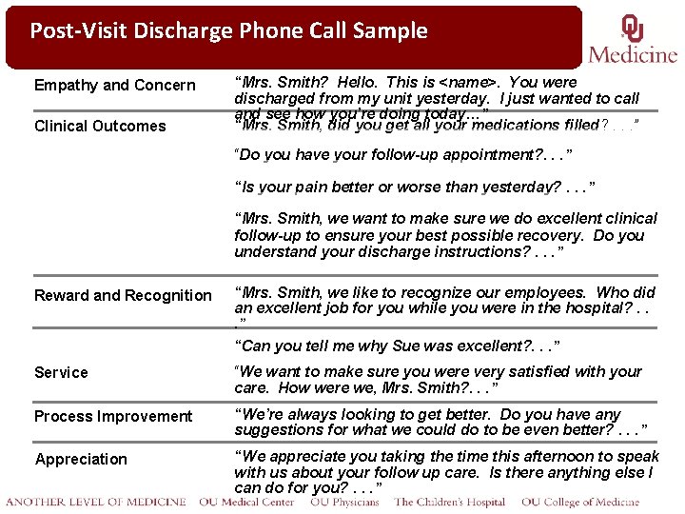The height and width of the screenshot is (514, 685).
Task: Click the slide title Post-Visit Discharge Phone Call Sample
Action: pyautogui.click(x=228, y=30)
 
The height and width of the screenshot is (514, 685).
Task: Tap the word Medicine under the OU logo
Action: pyautogui.click(x=633, y=53)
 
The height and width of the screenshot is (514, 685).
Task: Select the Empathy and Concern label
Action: pyautogui.click(x=114, y=86)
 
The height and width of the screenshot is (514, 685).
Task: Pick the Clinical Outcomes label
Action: pyautogui.click(x=100, y=127)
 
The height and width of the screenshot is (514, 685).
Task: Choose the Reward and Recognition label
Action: pyautogui.click(x=123, y=296)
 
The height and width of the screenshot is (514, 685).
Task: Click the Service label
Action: pyautogui.click(x=61, y=373)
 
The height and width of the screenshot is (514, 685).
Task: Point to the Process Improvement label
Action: pyautogui.click(x=113, y=417)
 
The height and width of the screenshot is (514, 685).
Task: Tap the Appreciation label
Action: pyautogui.click(x=81, y=460)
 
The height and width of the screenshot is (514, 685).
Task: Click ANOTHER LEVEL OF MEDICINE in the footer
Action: pyautogui.click(x=95, y=503)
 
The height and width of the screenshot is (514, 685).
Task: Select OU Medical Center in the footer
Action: pyautogui.click(x=247, y=503)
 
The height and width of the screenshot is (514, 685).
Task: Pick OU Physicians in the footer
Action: pyautogui.click(x=344, y=503)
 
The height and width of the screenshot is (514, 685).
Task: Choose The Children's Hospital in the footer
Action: pyautogui.click(x=451, y=503)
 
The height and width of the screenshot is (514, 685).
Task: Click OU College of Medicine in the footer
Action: pyautogui.click(x=580, y=503)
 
